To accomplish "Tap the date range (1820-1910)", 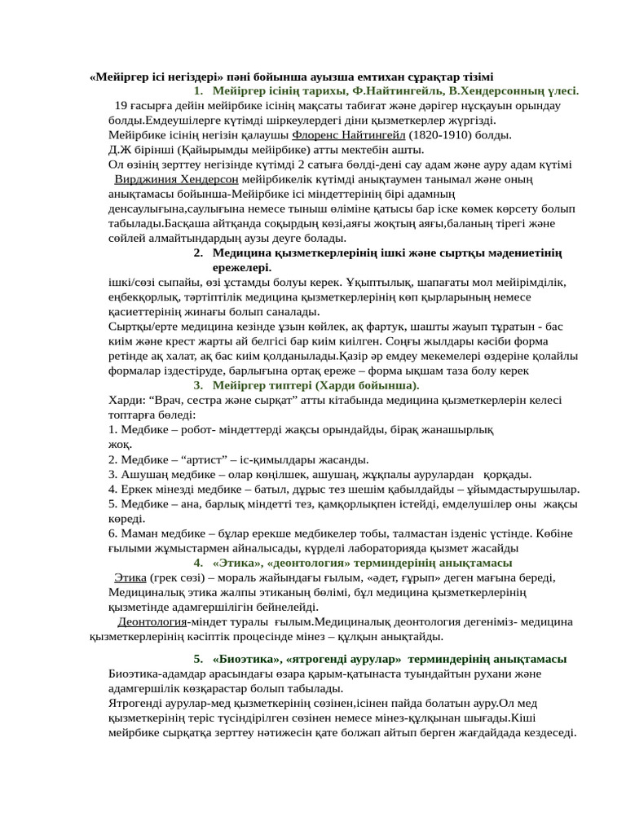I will (x=441, y=135).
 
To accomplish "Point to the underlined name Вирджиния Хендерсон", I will (x=177, y=179).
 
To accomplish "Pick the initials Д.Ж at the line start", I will (x=119, y=150).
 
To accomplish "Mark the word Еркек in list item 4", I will (x=136, y=489).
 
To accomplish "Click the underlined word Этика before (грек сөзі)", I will (x=130, y=577).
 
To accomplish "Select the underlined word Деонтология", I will (x=152, y=621).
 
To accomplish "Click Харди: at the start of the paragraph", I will (x=127, y=400).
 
